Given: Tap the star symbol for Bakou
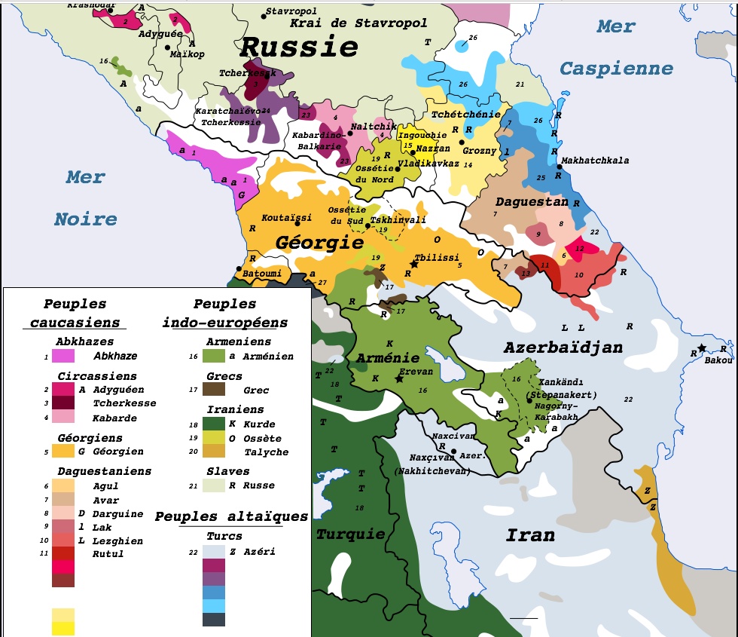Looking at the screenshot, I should (702, 348).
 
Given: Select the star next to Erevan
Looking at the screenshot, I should (399, 378).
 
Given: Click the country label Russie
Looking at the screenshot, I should (298, 47).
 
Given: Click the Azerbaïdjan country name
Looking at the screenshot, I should (563, 347).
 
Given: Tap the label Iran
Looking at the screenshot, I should (530, 535).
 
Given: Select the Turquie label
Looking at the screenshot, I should (350, 534).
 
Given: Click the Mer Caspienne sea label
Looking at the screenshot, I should (616, 47).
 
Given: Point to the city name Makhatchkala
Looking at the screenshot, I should (595, 161).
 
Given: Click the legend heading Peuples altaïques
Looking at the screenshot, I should (231, 516).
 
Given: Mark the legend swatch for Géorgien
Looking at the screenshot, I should (63, 451).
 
